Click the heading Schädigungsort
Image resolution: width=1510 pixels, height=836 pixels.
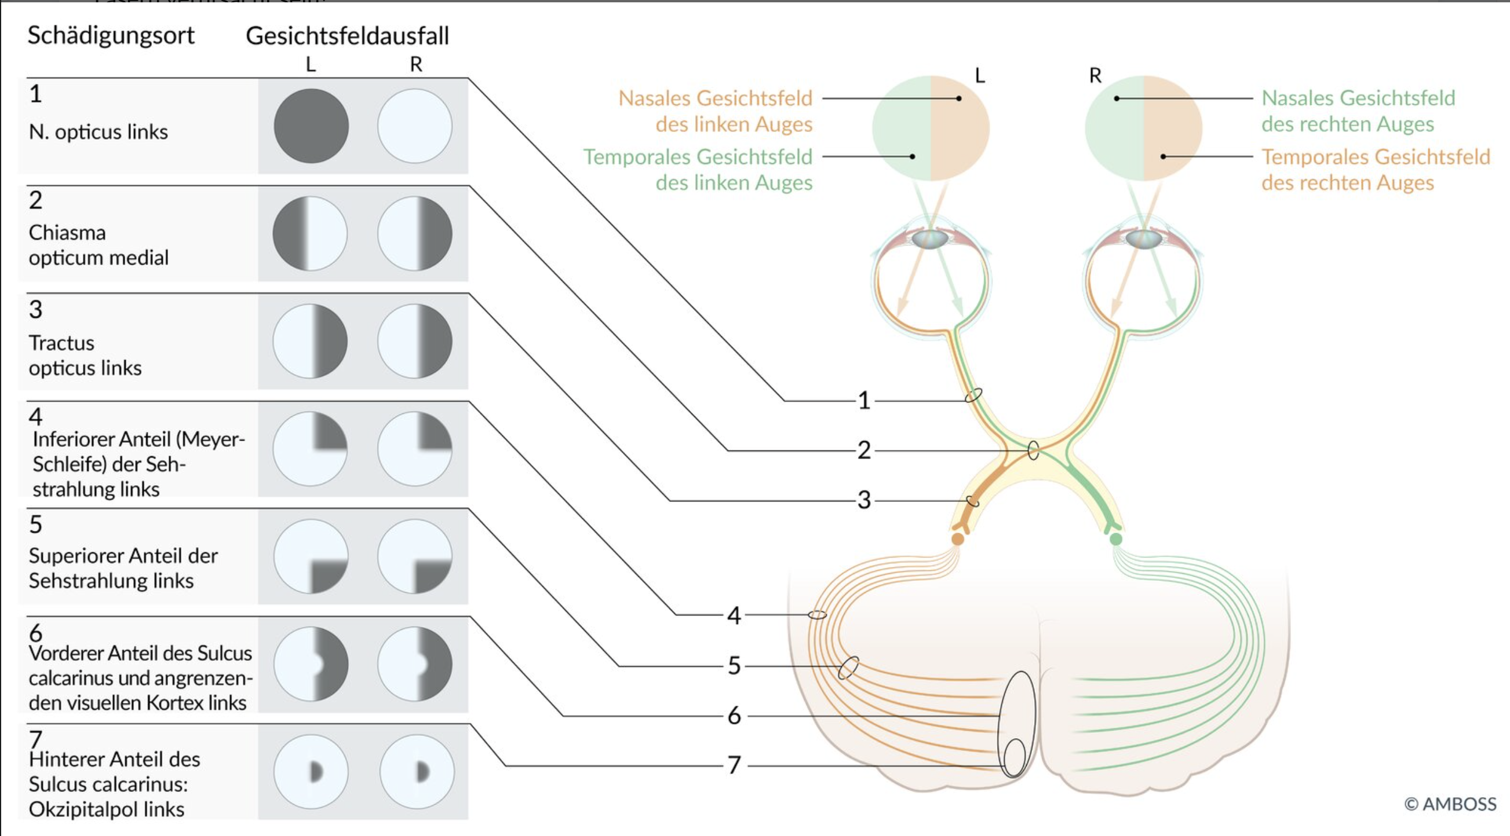click(x=111, y=36)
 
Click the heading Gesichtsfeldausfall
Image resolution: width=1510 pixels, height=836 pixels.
click(x=347, y=36)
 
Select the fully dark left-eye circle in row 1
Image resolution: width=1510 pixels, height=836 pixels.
click(x=311, y=126)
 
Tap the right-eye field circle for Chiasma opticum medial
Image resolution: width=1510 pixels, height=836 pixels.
click(x=414, y=234)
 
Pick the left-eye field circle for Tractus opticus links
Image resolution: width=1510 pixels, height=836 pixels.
click(x=310, y=341)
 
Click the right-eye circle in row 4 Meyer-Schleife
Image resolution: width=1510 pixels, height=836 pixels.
click(x=414, y=449)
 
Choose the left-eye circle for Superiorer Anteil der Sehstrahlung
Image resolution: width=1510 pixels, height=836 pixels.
click(x=311, y=556)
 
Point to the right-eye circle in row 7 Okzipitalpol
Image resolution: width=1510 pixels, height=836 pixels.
click(x=416, y=772)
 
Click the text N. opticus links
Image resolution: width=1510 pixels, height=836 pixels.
click(x=99, y=132)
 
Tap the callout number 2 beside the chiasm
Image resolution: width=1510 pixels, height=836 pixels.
click(x=863, y=450)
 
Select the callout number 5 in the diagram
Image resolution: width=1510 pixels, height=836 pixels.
click(x=734, y=666)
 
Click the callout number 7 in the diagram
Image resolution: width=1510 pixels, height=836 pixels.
click(x=734, y=765)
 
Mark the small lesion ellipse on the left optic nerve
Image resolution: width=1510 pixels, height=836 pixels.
click(x=973, y=395)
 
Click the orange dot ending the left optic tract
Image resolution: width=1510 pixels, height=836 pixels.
click(x=957, y=539)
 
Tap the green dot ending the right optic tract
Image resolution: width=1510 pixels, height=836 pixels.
click(x=1116, y=539)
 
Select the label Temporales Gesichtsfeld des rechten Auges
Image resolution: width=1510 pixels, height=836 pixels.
click(x=1375, y=169)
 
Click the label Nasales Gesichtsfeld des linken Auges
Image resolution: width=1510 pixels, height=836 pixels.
click(x=716, y=111)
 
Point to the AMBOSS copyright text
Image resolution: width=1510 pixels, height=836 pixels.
click(x=1450, y=804)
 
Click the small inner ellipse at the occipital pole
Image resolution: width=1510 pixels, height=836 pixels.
click(x=1015, y=757)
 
